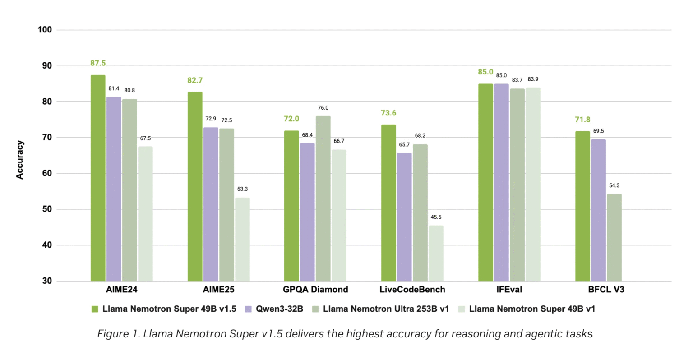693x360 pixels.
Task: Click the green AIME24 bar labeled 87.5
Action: (x=98, y=178)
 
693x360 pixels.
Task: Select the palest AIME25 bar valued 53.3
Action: (x=242, y=240)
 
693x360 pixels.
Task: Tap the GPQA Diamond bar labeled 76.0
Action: (x=323, y=198)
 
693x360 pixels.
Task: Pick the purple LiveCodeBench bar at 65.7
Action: (x=404, y=217)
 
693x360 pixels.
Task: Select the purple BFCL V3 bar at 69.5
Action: (x=598, y=210)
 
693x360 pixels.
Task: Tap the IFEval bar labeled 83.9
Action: (x=533, y=185)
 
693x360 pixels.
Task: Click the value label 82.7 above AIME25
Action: (x=195, y=80)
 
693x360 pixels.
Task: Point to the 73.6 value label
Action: (x=388, y=113)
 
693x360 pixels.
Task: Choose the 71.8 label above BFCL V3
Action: (x=582, y=120)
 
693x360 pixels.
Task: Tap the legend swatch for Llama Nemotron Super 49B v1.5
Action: (x=95, y=309)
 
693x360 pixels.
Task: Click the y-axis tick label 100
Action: (x=45, y=30)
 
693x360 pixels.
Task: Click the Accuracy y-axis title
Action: (x=20, y=160)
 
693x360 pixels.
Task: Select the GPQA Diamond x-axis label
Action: (x=315, y=290)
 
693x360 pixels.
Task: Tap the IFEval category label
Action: (x=509, y=290)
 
